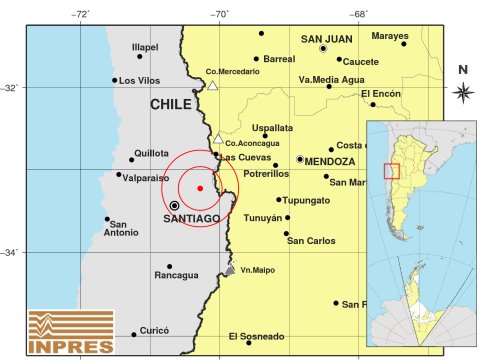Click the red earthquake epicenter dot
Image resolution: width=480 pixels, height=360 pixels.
pyautogui.click(x=200, y=188)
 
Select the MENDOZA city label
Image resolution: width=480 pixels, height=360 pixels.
pyautogui.click(x=329, y=161)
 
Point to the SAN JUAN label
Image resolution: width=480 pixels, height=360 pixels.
pyautogui.click(x=327, y=39)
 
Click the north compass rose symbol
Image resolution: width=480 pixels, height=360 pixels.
pyautogui.click(x=462, y=92)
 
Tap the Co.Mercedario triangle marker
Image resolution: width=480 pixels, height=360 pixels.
pyautogui.click(x=213, y=86)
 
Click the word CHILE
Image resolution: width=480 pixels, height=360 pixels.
pyautogui.click(x=171, y=104)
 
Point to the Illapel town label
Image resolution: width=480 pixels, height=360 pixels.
pyautogui.click(x=146, y=47)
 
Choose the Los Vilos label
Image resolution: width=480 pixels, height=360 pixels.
pyautogui.click(x=140, y=80)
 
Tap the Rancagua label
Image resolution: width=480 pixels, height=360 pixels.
pyautogui.click(x=176, y=275)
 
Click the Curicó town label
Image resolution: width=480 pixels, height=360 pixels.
pyautogui.click(x=154, y=329)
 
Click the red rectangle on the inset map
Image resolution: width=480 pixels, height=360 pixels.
pyautogui.click(x=391, y=171)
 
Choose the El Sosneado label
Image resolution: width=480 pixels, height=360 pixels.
pyautogui.click(x=256, y=336)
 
